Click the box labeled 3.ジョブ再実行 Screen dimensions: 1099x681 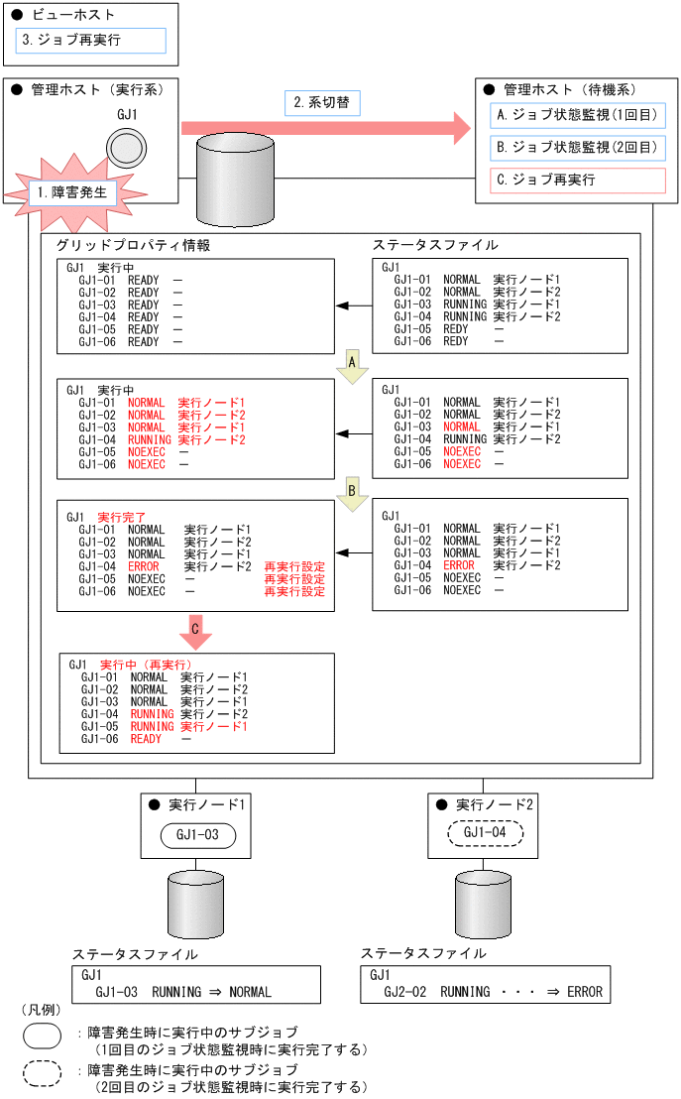pyautogui.click(x=90, y=41)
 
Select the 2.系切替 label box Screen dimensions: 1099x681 pyautogui.click(x=322, y=102)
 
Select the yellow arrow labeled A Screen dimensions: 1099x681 pyautogui.click(x=351, y=364)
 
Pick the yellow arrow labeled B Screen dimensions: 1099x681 pyautogui.click(x=351, y=490)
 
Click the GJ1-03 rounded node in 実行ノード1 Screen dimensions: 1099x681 pyautogui.click(x=197, y=835)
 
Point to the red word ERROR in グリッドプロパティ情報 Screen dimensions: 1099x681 pyautogui.click(x=144, y=565)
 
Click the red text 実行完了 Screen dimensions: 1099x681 pyautogui.click(x=121, y=518)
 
